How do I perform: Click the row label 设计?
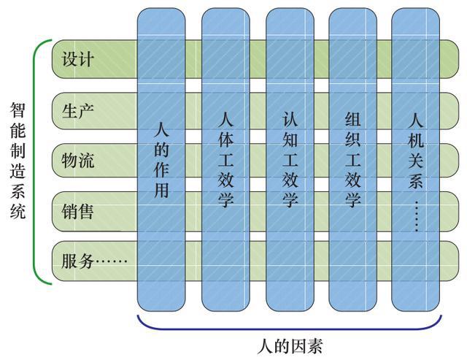(78, 60)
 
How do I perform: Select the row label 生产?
(78, 111)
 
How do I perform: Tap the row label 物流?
(78, 161)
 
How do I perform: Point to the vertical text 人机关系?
(417, 150)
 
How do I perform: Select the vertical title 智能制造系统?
(18, 161)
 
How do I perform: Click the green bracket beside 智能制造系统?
(36, 161)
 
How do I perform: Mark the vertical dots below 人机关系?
(417, 216)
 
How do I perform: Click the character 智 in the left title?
(18, 110)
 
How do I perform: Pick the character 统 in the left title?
(18, 212)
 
